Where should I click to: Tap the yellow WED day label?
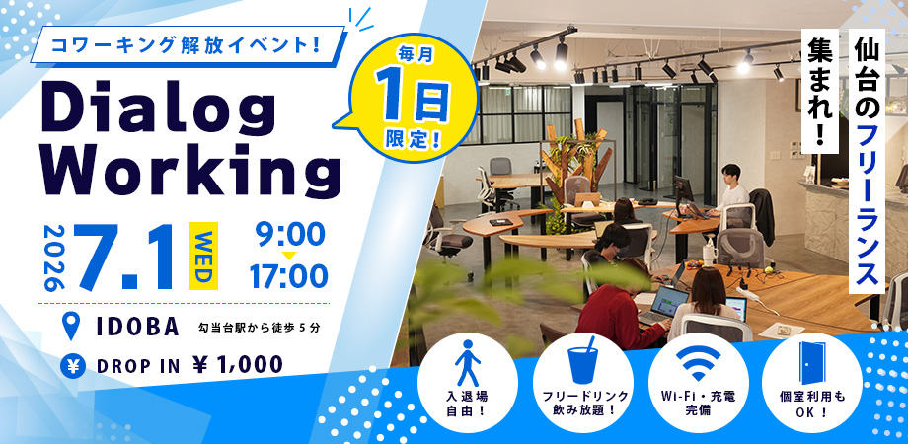point(202,256)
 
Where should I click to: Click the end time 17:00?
point(288,276)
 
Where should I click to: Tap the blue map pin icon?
point(71,327)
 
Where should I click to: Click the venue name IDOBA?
point(138,328)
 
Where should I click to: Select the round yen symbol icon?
point(73,366)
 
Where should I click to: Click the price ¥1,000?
point(238,365)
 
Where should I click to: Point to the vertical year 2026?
point(53,259)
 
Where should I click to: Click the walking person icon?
point(467,363)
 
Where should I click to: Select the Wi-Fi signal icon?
point(698,362)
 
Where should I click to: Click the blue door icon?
point(811,363)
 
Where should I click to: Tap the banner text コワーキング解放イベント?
point(187,46)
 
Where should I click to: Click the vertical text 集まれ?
point(820,92)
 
